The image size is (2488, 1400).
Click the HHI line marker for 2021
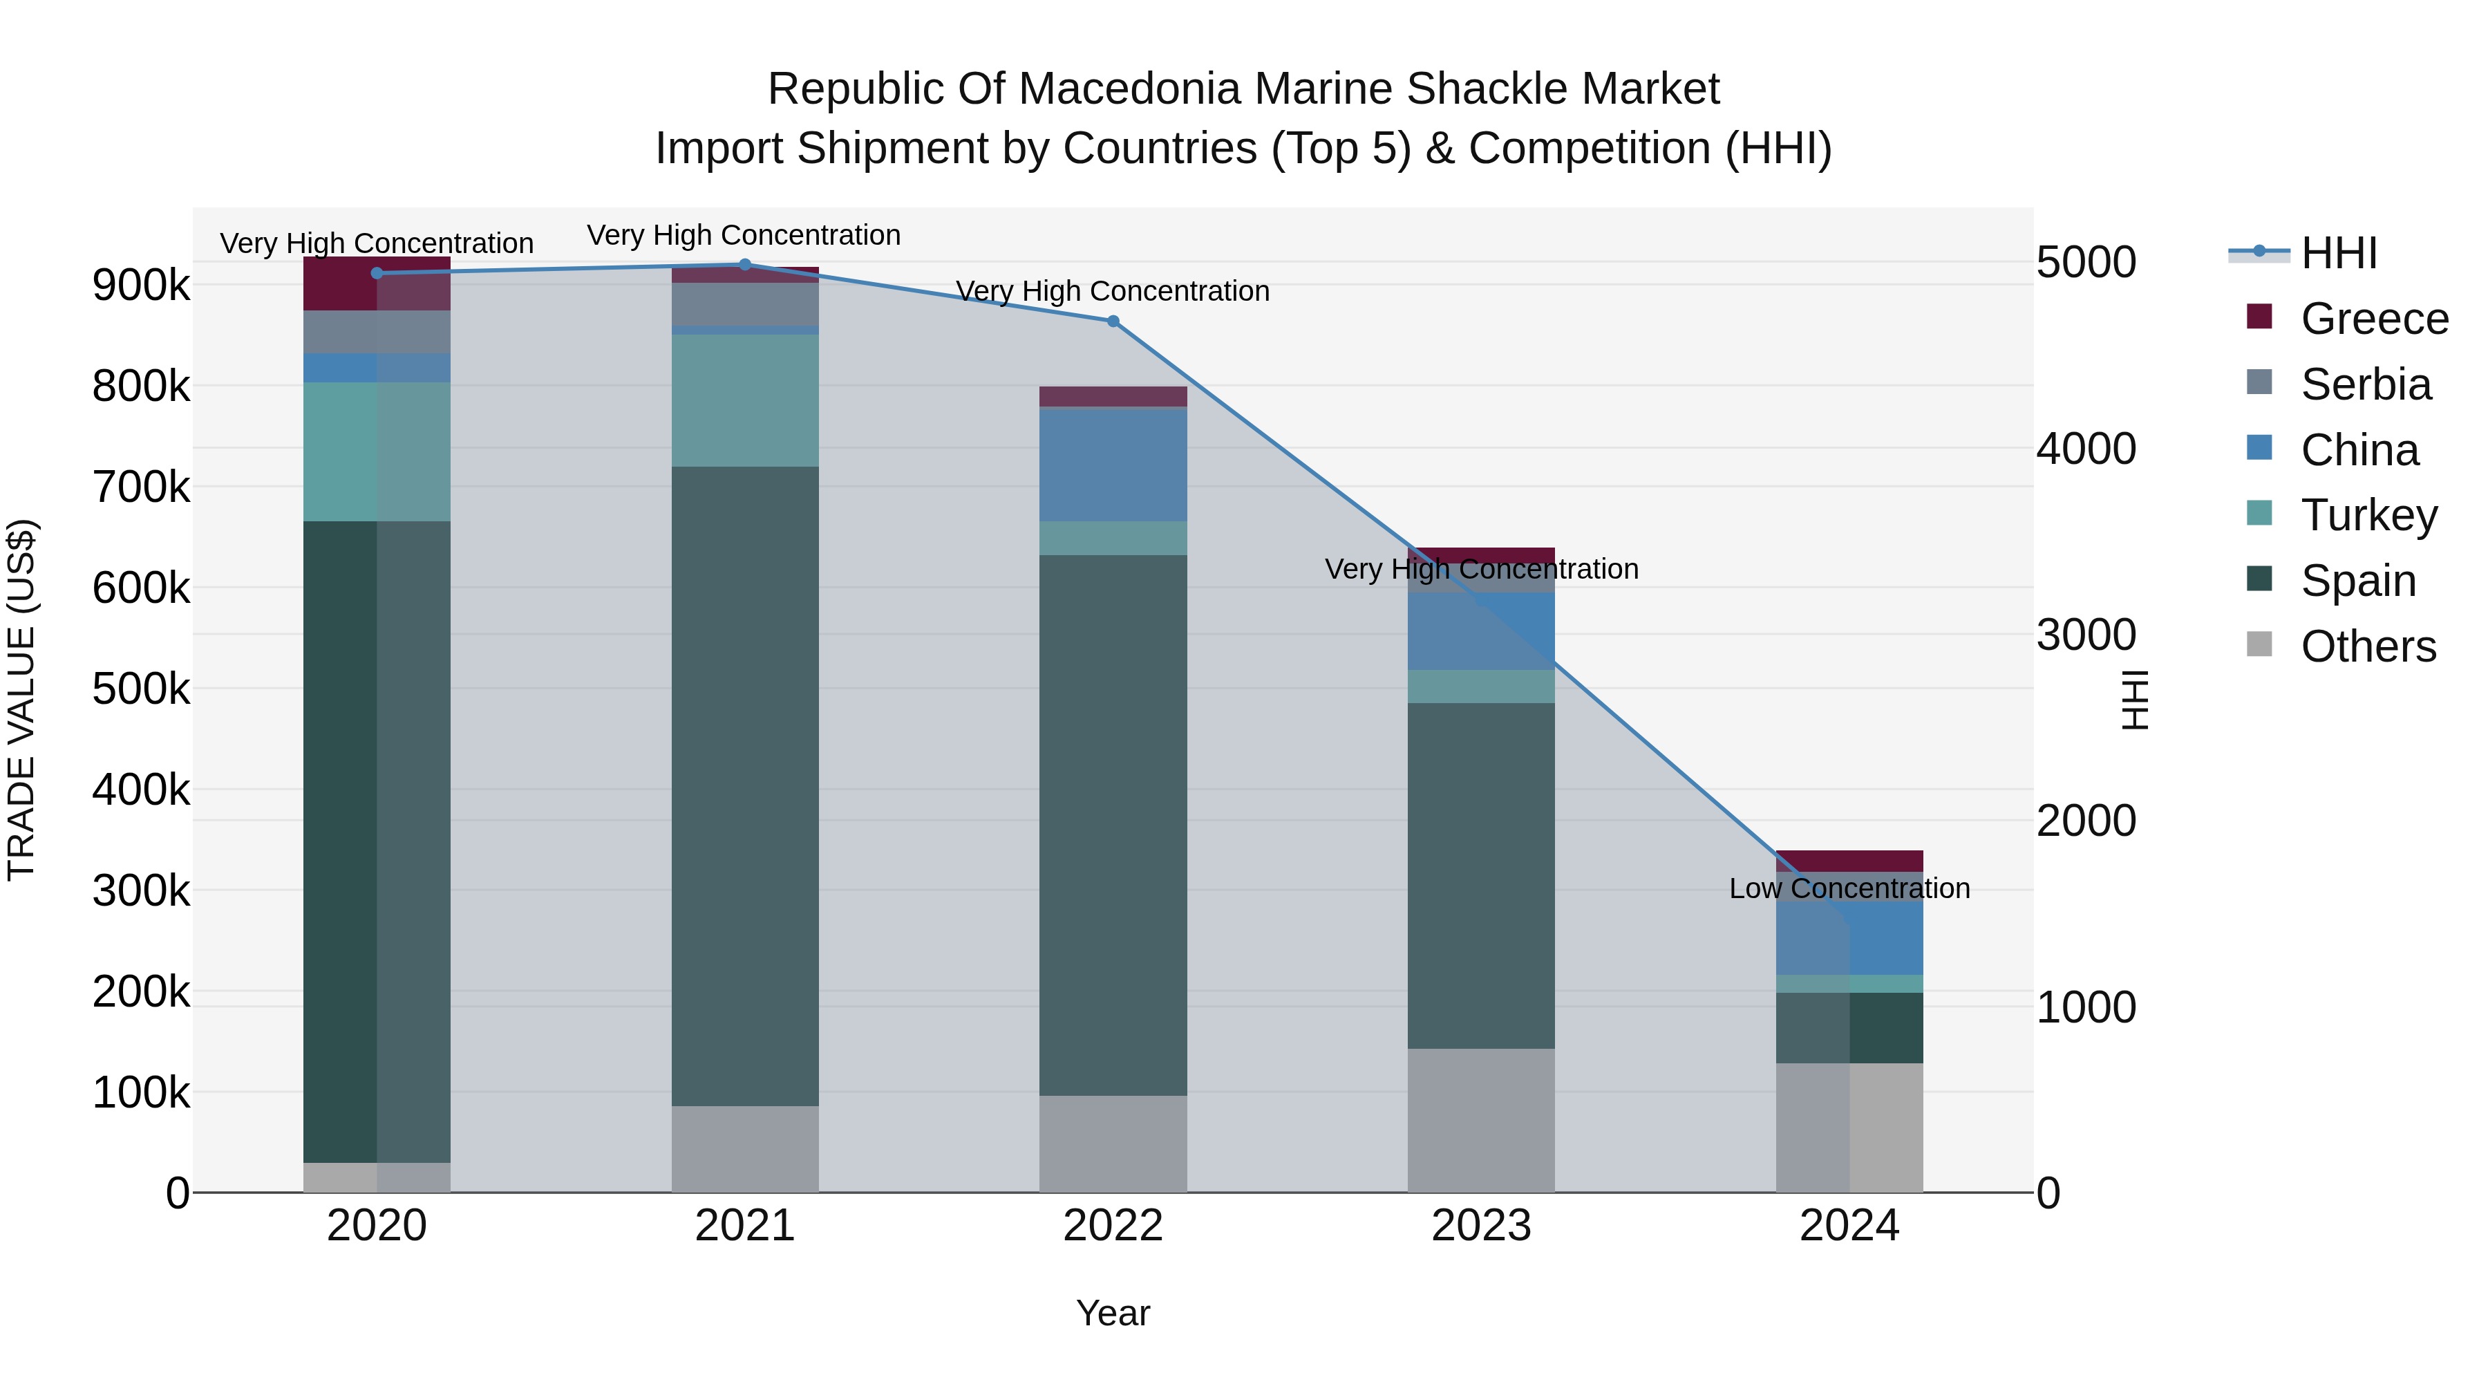coord(744,265)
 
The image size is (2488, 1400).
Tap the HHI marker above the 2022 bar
coord(1113,321)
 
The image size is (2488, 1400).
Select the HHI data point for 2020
coord(377,273)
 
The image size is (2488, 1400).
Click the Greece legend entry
coord(2373,319)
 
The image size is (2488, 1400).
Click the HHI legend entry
coord(2337,253)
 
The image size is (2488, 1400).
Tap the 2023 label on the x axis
coord(1480,1226)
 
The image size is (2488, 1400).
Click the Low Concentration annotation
coord(1849,888)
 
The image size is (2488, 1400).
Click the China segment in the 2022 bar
coord(1113,465)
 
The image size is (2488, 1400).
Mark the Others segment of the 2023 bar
coord(1480,1120)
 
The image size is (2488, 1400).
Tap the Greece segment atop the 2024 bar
coord(1849,861)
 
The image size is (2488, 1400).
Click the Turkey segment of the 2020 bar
coord(377,451)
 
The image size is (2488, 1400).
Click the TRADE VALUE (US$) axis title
coord(22,700)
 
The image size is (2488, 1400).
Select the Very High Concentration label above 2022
coord(1113,291)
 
